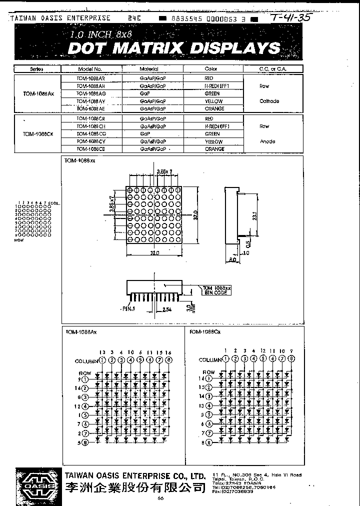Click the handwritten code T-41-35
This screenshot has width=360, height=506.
click(290, 18)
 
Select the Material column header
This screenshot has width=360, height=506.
click(148, 69)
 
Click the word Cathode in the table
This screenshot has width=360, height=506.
click(269, 101)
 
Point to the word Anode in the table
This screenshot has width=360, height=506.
click(267, 141)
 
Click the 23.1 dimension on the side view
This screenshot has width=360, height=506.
click(254, 216)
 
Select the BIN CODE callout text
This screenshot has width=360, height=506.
click(216, 293)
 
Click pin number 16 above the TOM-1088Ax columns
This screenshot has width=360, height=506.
click(168, 352)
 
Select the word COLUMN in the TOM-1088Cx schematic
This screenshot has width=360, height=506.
click(210, 360)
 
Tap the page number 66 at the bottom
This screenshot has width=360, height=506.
click(160, 497)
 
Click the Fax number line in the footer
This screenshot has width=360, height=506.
click(232, 491)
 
